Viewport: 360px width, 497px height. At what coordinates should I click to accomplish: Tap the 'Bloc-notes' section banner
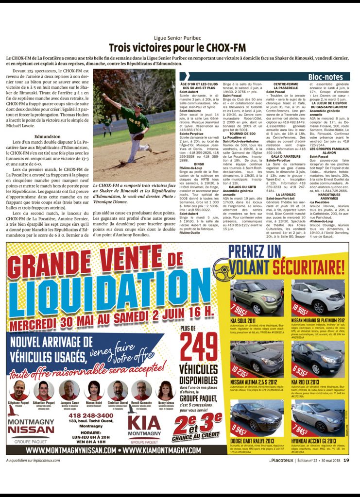[x=325, y=76]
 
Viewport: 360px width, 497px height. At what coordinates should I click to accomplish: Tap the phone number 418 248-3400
[x=91, y=415]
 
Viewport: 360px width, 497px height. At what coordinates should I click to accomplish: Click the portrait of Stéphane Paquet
[x=19, y=390]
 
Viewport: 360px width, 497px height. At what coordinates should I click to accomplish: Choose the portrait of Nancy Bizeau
[x=165, y=390]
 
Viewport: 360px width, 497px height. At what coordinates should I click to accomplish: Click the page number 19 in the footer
[x=346, y=461]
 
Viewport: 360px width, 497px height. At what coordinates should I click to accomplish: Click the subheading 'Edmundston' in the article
[x=48, y=136]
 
